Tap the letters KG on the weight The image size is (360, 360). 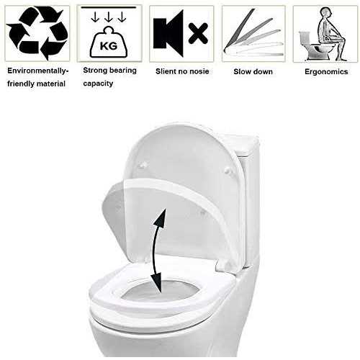109,46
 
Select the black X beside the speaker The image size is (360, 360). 198,34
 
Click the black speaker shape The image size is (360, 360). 168,33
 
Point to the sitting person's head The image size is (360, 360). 327,12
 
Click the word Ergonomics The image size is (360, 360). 326,71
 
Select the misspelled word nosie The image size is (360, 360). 199,71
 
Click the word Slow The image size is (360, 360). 242,71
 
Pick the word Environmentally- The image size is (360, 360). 38,71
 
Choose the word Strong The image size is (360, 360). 95,71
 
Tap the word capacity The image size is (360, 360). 98,84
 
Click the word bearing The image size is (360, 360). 123,71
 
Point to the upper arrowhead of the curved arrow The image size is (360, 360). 161,217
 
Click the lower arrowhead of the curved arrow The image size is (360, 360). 156,283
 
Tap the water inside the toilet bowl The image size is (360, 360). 159,291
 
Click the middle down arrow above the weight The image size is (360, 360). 109,17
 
